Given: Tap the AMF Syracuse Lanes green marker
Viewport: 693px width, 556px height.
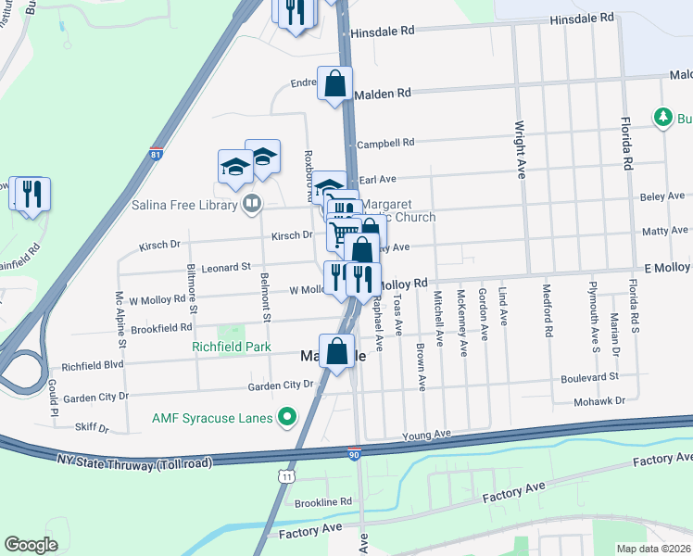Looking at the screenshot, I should point(287,418).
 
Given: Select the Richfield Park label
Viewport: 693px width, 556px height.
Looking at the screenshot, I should point(231,347).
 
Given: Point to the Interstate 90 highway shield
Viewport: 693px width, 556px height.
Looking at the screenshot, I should point(354,453).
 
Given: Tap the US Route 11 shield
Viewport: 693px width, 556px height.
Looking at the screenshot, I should point(289,476).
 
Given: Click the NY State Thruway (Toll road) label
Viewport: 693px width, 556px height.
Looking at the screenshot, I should point(133,461).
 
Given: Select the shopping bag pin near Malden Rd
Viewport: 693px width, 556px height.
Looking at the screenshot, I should point(334,85).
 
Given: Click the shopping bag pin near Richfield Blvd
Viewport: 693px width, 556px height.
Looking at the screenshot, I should point(337,352).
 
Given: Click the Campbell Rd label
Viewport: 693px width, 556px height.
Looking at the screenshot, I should point(384,143).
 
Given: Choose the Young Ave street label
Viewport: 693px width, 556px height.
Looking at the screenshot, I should point(425,434).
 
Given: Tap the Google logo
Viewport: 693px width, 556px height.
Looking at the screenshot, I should point(31,545).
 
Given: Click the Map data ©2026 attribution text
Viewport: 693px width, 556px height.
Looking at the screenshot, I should point(652,549).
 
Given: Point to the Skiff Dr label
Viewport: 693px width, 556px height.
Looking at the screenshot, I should point(92,429).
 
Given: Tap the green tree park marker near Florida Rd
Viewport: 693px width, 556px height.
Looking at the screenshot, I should point(662,118).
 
